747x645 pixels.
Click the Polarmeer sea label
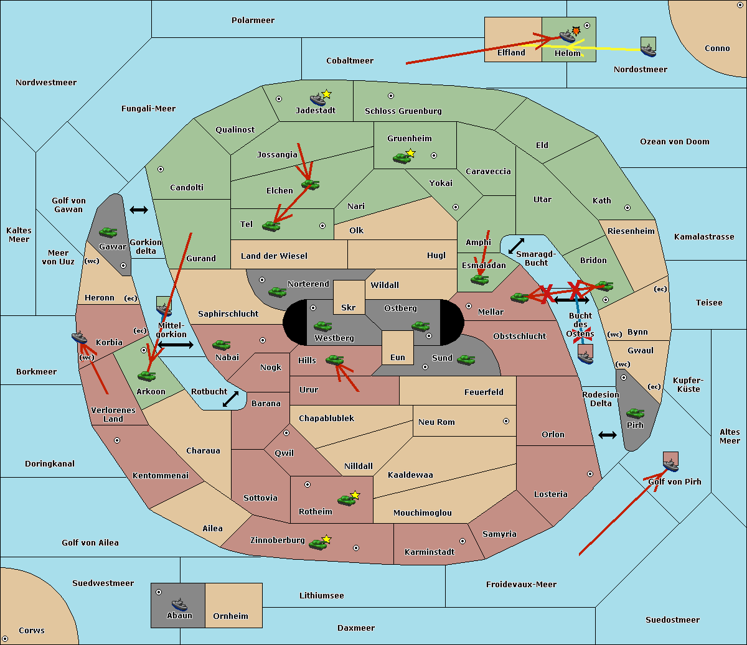coord(253,21)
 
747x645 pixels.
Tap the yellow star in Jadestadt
coord(327,94)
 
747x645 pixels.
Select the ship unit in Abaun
coord(179,604)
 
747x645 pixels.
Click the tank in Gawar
coord(108,232)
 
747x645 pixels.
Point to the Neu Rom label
coord(436,422)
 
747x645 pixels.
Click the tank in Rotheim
coord(346,499)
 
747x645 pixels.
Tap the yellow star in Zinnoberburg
coord(326,539)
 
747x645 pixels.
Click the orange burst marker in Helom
coord(576,30)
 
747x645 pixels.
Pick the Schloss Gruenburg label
coord(403,111)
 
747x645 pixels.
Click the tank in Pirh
coord(635,413)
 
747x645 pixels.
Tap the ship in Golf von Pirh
coord(670,463)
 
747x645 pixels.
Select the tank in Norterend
coord(277,292)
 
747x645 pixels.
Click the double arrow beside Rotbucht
coord(230,399)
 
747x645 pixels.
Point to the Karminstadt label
coord(430,552)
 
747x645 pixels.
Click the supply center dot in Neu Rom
coord(506,421)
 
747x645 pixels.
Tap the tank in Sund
coord(466,359)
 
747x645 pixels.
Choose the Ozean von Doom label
coord(674,142)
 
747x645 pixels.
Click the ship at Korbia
coord(79,338)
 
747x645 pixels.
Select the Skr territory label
coord(349,307)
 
